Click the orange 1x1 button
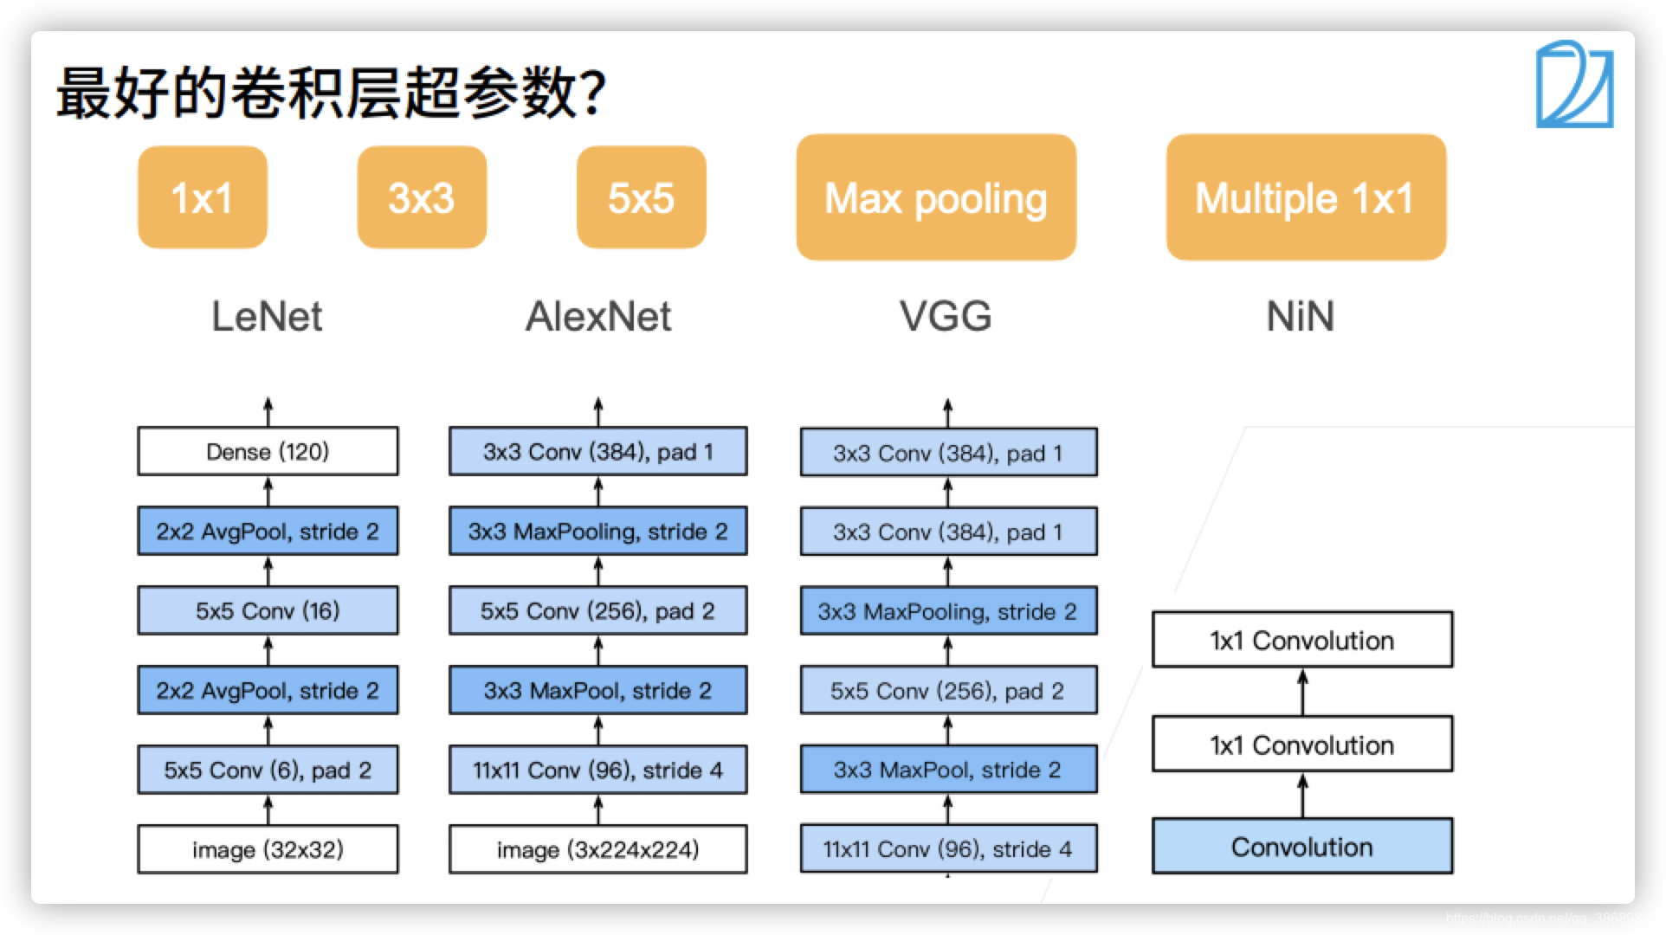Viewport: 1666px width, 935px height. tap(202, 197)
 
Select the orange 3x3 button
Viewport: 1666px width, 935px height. tap(422, 197)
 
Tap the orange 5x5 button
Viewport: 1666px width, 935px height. tap(641, 197)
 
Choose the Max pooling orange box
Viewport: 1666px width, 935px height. tap(936, 197)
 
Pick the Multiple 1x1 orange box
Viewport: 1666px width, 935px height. tap(1306, 197)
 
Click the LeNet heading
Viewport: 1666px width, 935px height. tap(267, 316)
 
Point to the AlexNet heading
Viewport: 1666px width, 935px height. tap(598, 316)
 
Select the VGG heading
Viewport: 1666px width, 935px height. tap(946, 316)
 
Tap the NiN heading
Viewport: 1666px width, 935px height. tap(1300, 316)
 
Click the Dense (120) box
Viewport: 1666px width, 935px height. tap(268, 451)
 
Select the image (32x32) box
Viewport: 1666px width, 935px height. tap(268, 849)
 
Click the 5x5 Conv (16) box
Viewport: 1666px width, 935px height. tap(268, 610)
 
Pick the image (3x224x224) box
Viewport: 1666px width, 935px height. tap(597, 849)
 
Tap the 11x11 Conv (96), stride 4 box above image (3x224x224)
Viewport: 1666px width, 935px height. tap(597, 770)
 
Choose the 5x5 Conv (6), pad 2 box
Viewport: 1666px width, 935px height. tap(268, 770)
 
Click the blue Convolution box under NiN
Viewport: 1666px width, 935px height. tap(1301, 847)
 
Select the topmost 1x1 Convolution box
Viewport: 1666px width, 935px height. tap(1301, 640)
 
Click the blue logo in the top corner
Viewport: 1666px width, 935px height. tap(1574, 85)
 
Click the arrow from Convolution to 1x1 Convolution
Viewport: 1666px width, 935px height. tap(1302, 795)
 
